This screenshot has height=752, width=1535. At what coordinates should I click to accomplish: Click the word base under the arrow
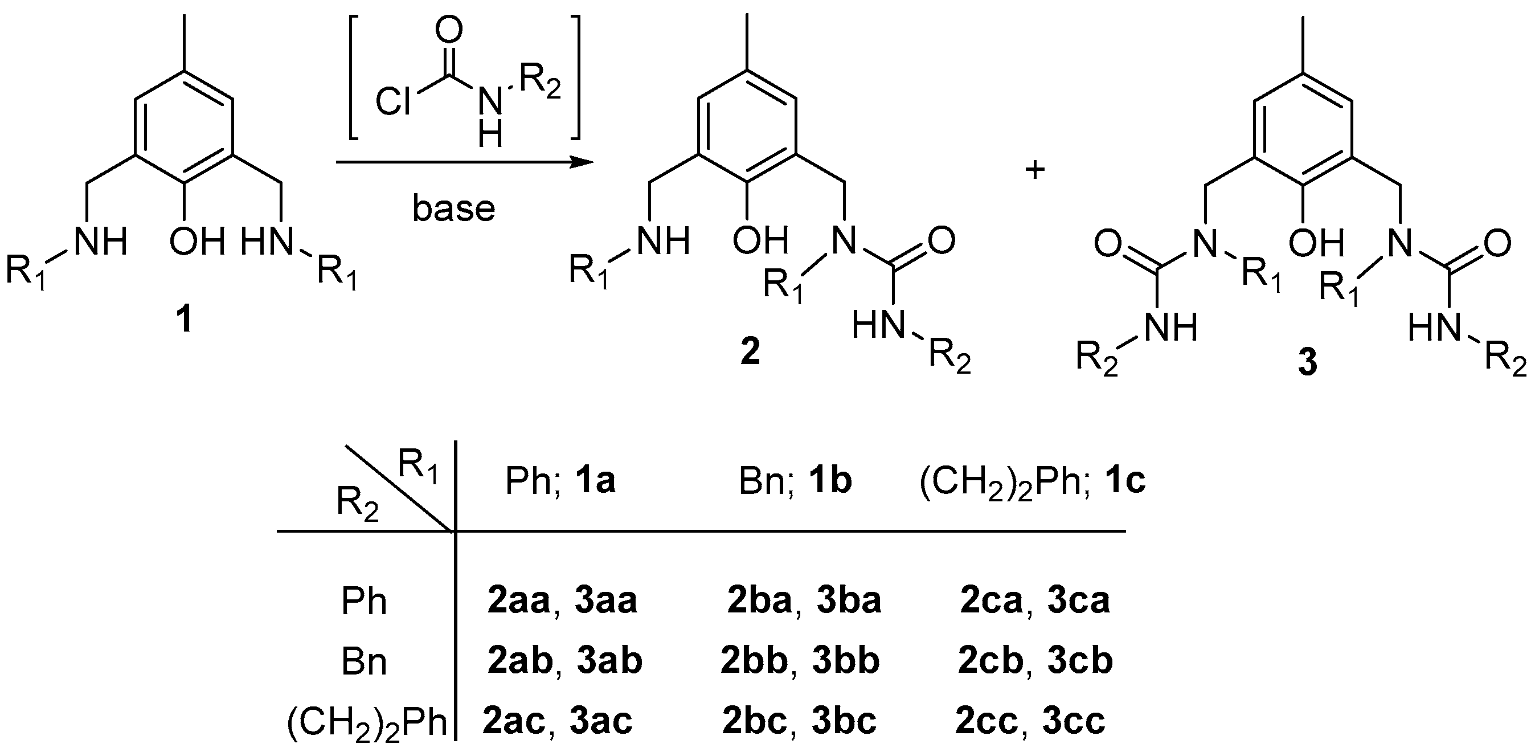[453, 209]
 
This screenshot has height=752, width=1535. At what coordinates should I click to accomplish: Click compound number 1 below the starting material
[185, 320]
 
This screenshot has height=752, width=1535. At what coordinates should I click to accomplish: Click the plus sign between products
[1035, 170]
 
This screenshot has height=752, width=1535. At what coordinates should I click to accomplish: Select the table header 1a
[595, 481]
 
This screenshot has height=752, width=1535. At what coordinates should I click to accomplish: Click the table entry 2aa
[518, 600]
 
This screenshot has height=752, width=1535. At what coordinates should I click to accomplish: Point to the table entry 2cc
[986, 721]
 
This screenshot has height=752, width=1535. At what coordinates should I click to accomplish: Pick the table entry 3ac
[601, 721]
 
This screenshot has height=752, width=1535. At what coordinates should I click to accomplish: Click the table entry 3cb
[1080, 661]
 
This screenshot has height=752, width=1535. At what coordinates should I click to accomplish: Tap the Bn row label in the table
[364, 662]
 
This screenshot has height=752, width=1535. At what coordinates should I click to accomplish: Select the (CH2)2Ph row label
[367, 722]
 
